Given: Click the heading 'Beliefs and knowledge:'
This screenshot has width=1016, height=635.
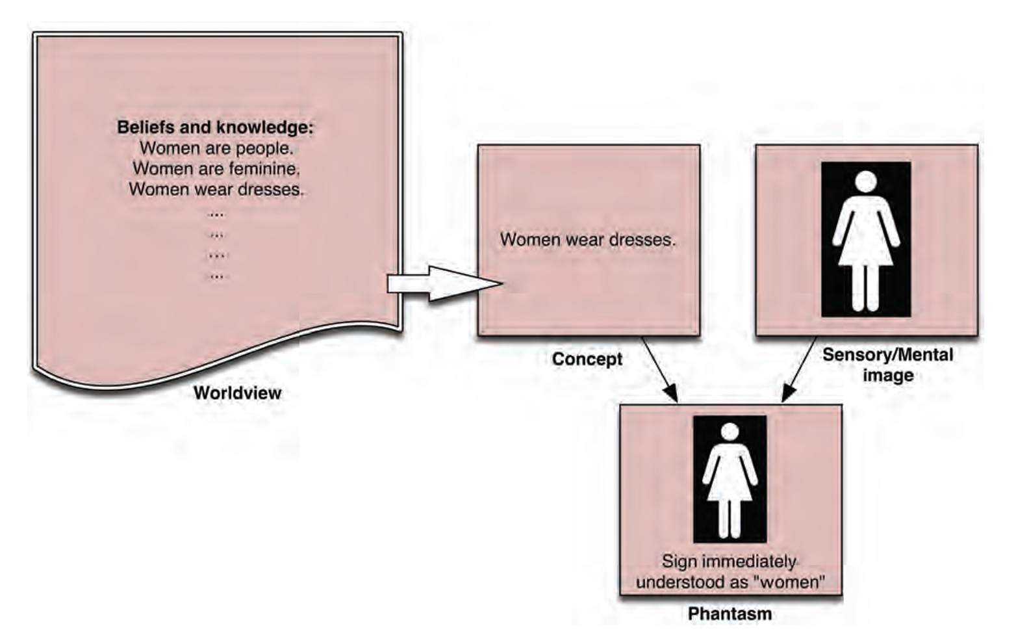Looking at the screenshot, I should pos(215,127).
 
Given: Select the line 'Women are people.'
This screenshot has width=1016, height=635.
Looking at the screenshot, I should pos(216,148).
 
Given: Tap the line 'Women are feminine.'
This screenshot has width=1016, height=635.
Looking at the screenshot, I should pos(216,169).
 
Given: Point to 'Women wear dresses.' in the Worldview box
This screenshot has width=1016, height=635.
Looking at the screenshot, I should pos(216,190).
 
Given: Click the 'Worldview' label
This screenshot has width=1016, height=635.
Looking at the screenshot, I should pos(238,393).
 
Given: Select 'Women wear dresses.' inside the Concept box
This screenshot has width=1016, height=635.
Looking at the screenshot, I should pos(588,240).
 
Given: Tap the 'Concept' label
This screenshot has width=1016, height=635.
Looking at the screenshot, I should pos(587,359).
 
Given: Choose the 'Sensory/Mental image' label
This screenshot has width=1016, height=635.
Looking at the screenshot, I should pos(887,365).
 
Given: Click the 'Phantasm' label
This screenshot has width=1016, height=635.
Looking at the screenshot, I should pos(730,614).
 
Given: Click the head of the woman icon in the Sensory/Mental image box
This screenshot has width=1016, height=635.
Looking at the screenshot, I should pos(866,181).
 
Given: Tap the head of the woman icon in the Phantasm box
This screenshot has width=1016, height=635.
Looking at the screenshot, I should pos(730,432).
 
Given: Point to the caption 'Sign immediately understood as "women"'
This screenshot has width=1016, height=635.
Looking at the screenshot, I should pos(730,571).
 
